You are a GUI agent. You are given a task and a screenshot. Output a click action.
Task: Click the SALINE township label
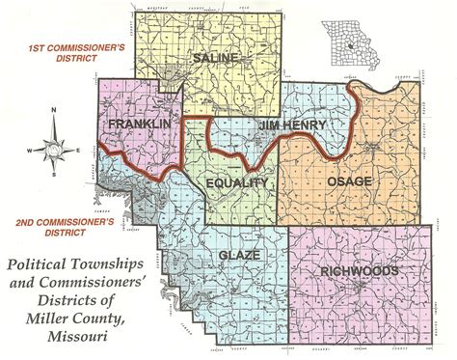tap(213, 59)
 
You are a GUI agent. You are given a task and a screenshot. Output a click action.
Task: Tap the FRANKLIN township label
tap(133, 126)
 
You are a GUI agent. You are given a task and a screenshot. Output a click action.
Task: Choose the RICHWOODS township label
tap(358, 271)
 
